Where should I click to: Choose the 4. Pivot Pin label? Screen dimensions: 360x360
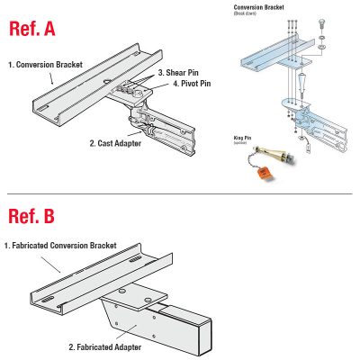[x=193, y=85]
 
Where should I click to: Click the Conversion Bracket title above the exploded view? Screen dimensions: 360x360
[x=262, y=5]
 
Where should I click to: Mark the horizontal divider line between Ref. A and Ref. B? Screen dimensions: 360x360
[x=180, y=194]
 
